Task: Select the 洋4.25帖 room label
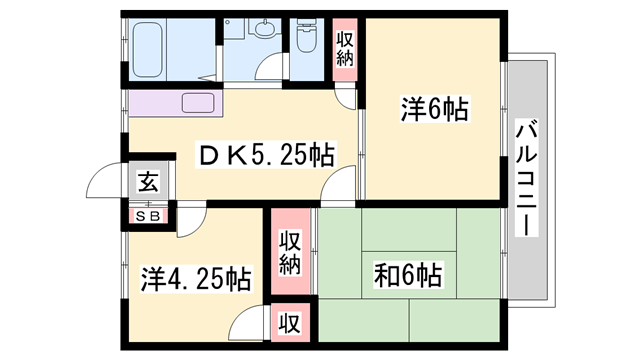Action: (x=195, y=276)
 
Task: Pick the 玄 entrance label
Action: (x=146, y=183)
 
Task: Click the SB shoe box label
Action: (x=146, y=215)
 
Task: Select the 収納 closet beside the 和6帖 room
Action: (x=290, y=252)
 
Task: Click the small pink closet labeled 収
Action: (x=290, y=323)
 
